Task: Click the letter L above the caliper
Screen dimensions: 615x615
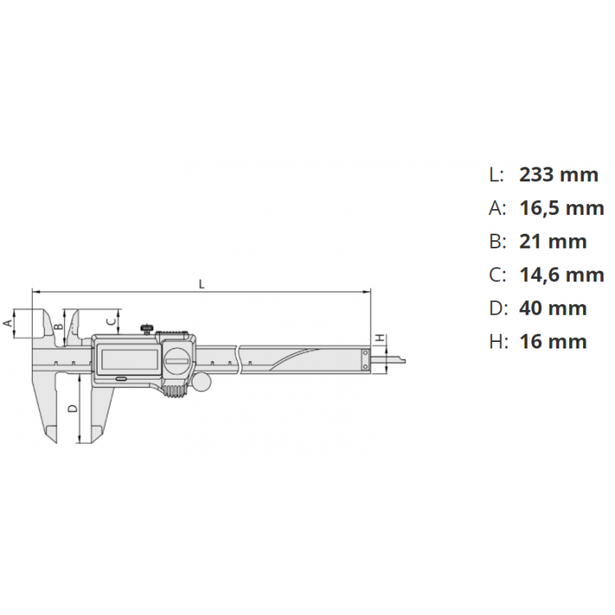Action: (201, 284)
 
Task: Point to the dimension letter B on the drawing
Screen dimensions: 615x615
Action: (56, 326)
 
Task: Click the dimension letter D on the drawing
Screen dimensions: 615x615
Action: (71, 408)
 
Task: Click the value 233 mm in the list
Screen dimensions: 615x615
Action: (558, 174)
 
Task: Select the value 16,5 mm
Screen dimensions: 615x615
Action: (562, 207)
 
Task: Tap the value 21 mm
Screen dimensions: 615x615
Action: (553, 241)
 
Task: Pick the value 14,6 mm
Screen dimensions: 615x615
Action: (562, 275)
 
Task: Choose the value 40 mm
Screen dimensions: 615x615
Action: (553, 308)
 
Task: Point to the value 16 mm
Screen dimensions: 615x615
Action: (553, 342)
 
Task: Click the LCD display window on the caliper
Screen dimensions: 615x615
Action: (126, 359)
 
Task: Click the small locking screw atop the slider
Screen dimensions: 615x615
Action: (148, 330)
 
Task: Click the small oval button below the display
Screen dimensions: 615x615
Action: (121, 379)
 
